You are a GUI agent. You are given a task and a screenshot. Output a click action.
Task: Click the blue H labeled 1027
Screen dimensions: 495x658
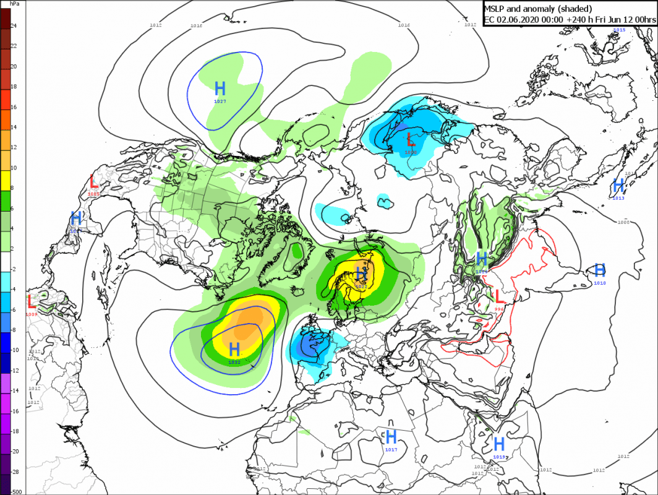220,88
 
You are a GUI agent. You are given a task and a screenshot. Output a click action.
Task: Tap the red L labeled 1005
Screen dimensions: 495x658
93,182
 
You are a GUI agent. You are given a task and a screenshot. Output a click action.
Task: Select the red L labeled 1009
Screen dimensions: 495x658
32,302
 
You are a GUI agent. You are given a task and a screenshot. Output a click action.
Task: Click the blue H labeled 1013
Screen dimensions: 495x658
618,185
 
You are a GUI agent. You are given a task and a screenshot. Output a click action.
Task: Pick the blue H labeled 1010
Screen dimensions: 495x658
599,270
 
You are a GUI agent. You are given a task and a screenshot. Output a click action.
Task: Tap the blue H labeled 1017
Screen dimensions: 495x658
391,437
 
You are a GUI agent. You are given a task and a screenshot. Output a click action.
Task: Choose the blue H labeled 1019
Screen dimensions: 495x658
499,444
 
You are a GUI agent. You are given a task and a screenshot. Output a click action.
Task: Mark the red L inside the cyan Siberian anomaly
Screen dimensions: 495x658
411,139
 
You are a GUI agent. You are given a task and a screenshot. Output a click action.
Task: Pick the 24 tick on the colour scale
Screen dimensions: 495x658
14,25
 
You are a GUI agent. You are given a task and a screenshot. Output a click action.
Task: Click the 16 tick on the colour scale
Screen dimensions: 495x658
14,107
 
